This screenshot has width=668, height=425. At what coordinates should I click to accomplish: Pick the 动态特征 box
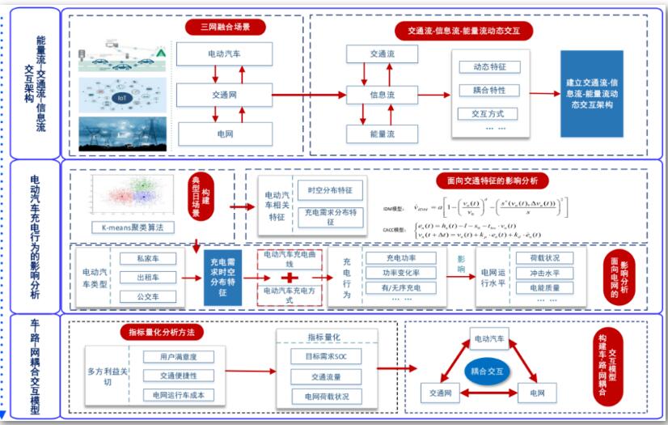point(488,67)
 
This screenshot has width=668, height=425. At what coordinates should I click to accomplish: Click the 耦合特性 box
point(488,90)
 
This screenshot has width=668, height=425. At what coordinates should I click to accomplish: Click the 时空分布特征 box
point(329,190)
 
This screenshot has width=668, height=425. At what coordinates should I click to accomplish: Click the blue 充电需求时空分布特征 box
point(229,278)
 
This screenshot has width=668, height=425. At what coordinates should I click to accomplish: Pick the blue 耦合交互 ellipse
point(487,371)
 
